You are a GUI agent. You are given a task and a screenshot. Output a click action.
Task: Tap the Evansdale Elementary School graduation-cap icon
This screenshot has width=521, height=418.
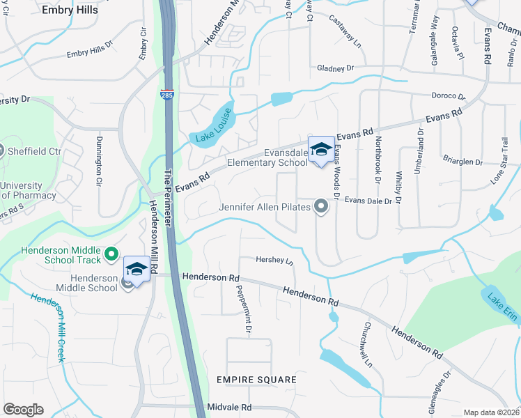pos(321,149)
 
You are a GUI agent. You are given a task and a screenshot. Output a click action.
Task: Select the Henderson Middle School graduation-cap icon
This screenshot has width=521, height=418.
pos(137,269)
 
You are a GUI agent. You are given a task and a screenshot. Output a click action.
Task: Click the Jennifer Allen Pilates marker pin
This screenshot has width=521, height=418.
pos(321,206)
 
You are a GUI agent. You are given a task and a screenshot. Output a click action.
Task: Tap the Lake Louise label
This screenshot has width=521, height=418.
pos(212,130)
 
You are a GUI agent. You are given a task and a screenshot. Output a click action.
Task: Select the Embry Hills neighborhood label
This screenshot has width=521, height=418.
pos(70,10)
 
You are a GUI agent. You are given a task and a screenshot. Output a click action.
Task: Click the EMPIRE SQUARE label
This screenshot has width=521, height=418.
pos(256,380)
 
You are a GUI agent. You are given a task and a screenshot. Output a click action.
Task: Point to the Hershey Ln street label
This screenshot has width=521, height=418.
pos(275,261)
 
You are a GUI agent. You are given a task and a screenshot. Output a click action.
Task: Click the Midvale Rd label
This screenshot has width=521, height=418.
pos(228,407)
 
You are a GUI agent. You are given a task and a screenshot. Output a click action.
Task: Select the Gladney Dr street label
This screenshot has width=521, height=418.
pos(336,68)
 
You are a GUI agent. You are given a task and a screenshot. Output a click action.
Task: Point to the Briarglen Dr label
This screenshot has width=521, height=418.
pos(462,162)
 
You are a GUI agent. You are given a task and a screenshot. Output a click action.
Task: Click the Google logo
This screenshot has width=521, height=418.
pos(23,410)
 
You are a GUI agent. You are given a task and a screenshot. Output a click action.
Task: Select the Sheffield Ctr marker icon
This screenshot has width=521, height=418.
pos(2,150)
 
